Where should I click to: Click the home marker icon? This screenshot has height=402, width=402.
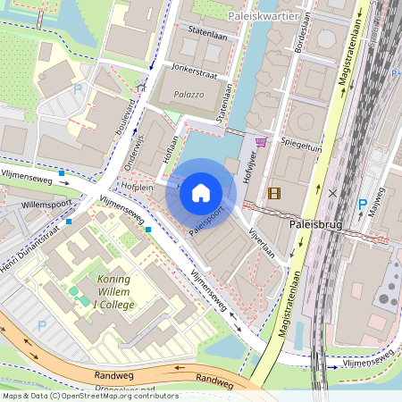201,193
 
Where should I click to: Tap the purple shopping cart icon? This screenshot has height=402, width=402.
261,142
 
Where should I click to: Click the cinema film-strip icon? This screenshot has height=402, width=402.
273,192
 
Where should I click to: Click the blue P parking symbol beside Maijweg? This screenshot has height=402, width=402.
362,205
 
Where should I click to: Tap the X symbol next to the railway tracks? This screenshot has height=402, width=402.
332,192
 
